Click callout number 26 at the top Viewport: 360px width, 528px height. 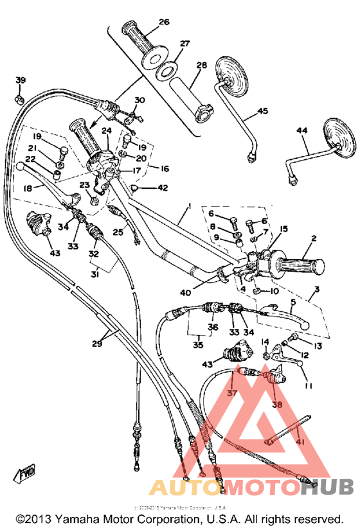pyautogui.click(x=164, y=21)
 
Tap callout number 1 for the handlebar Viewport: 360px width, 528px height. pyautogui.click(x=189, y=207)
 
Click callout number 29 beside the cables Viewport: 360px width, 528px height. pyautogui.click(x=97, y=344)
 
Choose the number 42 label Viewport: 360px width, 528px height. pyautogui.click(x=162, y=188)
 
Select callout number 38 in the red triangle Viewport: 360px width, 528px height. pyautogui.click(x=276, y=405)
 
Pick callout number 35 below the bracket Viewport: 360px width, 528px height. pyautogui.click(x=197, y=345)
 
